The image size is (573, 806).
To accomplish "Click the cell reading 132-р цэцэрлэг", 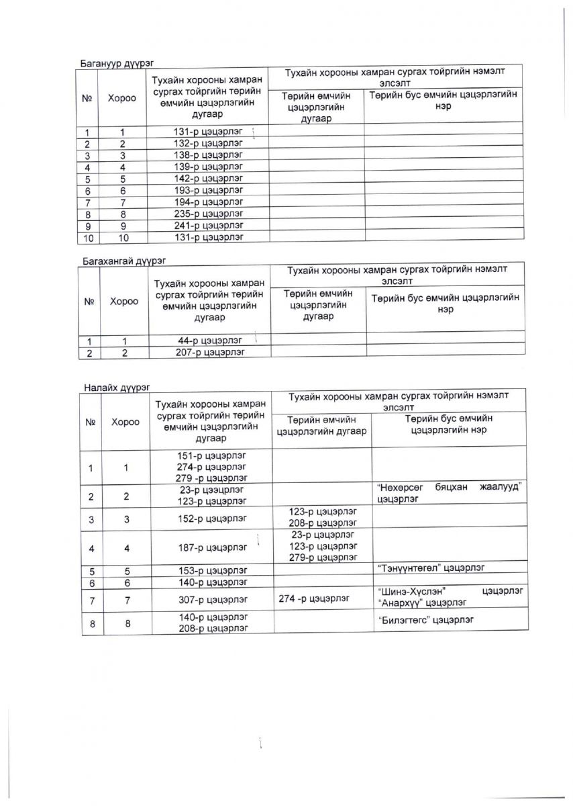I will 207,144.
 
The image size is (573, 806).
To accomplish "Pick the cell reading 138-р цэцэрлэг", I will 207,155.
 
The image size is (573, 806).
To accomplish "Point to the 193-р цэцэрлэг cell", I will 207,190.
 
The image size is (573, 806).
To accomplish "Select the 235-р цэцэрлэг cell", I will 207,214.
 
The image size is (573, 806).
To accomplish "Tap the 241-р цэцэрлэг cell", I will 207,225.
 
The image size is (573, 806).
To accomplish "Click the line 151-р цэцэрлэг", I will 211,455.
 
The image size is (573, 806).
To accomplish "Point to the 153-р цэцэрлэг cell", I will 211,570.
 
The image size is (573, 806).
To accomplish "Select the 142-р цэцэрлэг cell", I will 207,179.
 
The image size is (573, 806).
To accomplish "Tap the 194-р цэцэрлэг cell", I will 207,201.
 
